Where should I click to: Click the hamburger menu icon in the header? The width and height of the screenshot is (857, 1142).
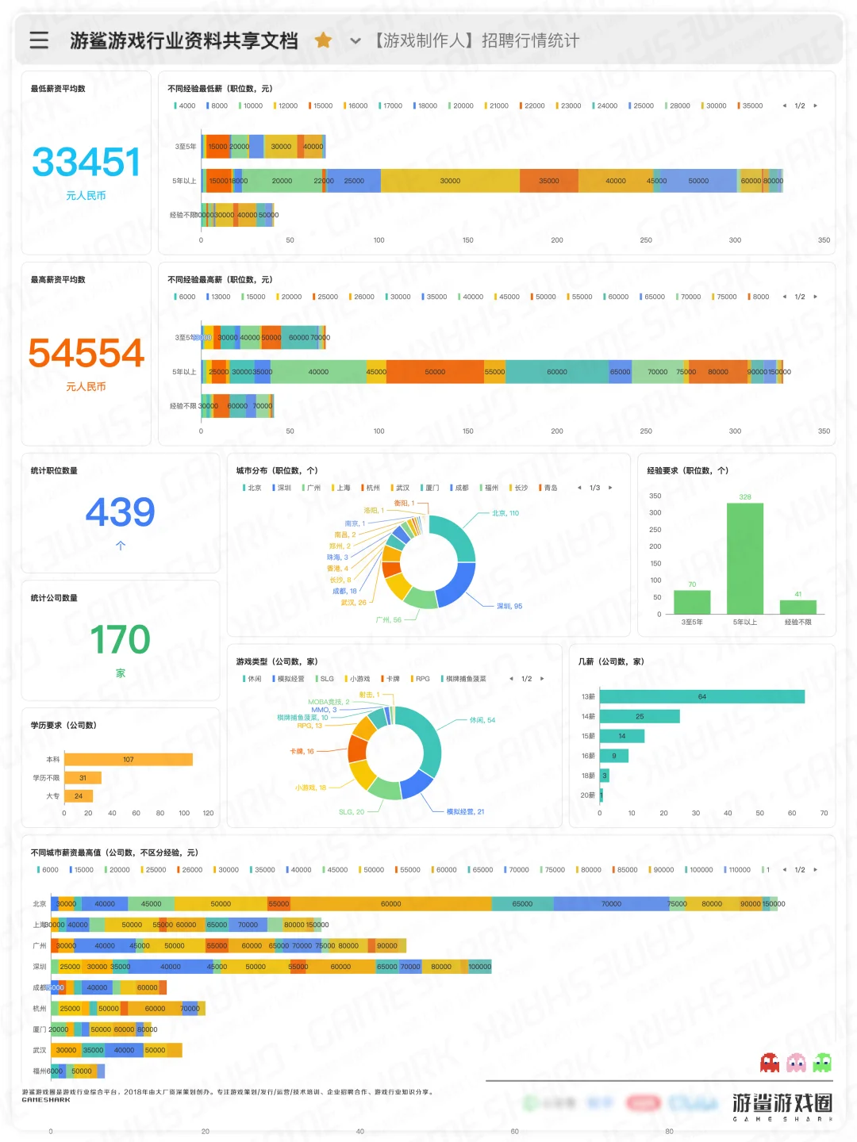click(x=39, y=40)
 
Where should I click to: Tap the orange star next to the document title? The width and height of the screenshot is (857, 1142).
click(x=323, y=40)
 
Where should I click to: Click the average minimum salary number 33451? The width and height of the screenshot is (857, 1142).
click(x=86, y=163)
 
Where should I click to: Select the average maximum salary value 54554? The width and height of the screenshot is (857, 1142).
click(x=86, y=354)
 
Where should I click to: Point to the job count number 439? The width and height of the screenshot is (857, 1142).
click(x=120, y=512)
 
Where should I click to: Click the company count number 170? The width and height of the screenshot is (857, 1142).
click(x=120, y=640)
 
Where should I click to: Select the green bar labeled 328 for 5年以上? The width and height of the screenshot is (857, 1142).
click(x=744, y=558)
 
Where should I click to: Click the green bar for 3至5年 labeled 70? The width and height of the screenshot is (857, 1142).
click(x=692, y=602)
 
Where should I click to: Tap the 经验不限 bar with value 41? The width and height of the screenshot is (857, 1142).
click(x=797, y=607)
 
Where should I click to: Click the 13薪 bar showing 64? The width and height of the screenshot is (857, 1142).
click(x=702, y=696)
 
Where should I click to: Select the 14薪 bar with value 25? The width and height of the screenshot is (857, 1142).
click(x=640, y=716)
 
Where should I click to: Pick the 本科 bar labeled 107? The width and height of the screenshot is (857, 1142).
click(x=129, y=760)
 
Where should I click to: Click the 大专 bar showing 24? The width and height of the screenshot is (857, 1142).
click(x=79, y=795)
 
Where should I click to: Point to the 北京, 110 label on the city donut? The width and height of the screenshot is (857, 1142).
click(x=505, y=513)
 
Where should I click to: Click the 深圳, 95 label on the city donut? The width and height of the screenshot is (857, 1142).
click(x=509, y=606)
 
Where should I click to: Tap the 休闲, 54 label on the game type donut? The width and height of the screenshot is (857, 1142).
click(x=482, y=720)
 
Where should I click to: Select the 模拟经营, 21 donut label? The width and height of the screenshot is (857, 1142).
click(x=465, y=811)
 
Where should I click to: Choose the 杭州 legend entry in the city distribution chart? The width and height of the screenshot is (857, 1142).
click(x=372, y=488)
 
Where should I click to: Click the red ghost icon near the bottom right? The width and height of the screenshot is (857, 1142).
click(x=769, y=1063)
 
